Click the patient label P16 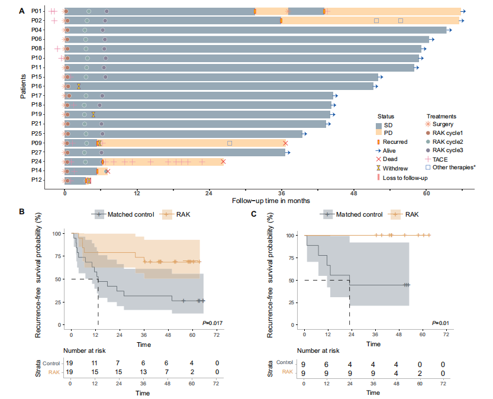(x=37, y=86)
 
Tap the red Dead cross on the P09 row (x=285, y=143)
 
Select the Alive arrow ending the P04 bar (x=449, y=30)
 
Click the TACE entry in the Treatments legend (x=440, y=159)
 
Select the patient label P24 (x=37, y=162)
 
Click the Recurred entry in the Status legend (x=395, y=142)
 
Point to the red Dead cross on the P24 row (x=223, y=162)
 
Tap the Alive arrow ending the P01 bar (x=463, y=11)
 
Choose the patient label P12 (x=37, y=180)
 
